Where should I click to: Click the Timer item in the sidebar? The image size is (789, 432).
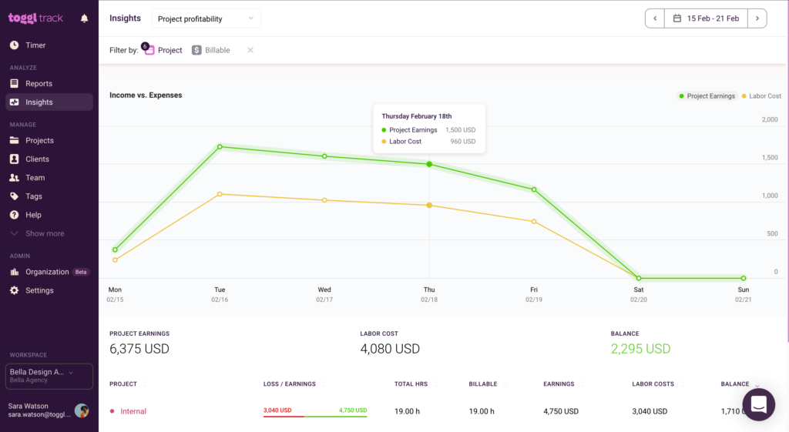(x=35, y=45)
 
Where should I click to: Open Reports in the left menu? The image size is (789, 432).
(x=39, y=83)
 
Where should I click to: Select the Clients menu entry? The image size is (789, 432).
(x=37, y=159)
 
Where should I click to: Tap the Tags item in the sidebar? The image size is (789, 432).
(x=34, y=196)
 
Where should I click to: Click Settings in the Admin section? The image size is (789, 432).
(x=39, y=290)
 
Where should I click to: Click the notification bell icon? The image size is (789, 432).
(x=85, y=18)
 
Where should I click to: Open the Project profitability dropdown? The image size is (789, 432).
(x=206, y=18)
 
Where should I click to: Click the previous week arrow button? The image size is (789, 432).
(x=655, y=18)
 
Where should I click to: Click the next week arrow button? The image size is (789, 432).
(x=757, y=18)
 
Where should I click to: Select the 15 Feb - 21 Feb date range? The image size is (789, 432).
(x=706, y=18)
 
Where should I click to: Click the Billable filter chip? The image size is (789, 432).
(x=211, y=50)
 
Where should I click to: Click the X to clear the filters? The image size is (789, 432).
(x=250, y=50)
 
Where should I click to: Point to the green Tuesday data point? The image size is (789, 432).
(x=220, y=146)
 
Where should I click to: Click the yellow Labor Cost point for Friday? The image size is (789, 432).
(x=534, y=222)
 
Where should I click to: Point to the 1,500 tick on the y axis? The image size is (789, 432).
(x=769, y=157)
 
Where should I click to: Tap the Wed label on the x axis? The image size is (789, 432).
(x=324, y=290)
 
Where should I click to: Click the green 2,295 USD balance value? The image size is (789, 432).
(x=640, y=349)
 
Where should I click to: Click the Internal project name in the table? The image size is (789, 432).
(x=133, y=411)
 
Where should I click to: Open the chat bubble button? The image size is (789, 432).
(x=758, y=404)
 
